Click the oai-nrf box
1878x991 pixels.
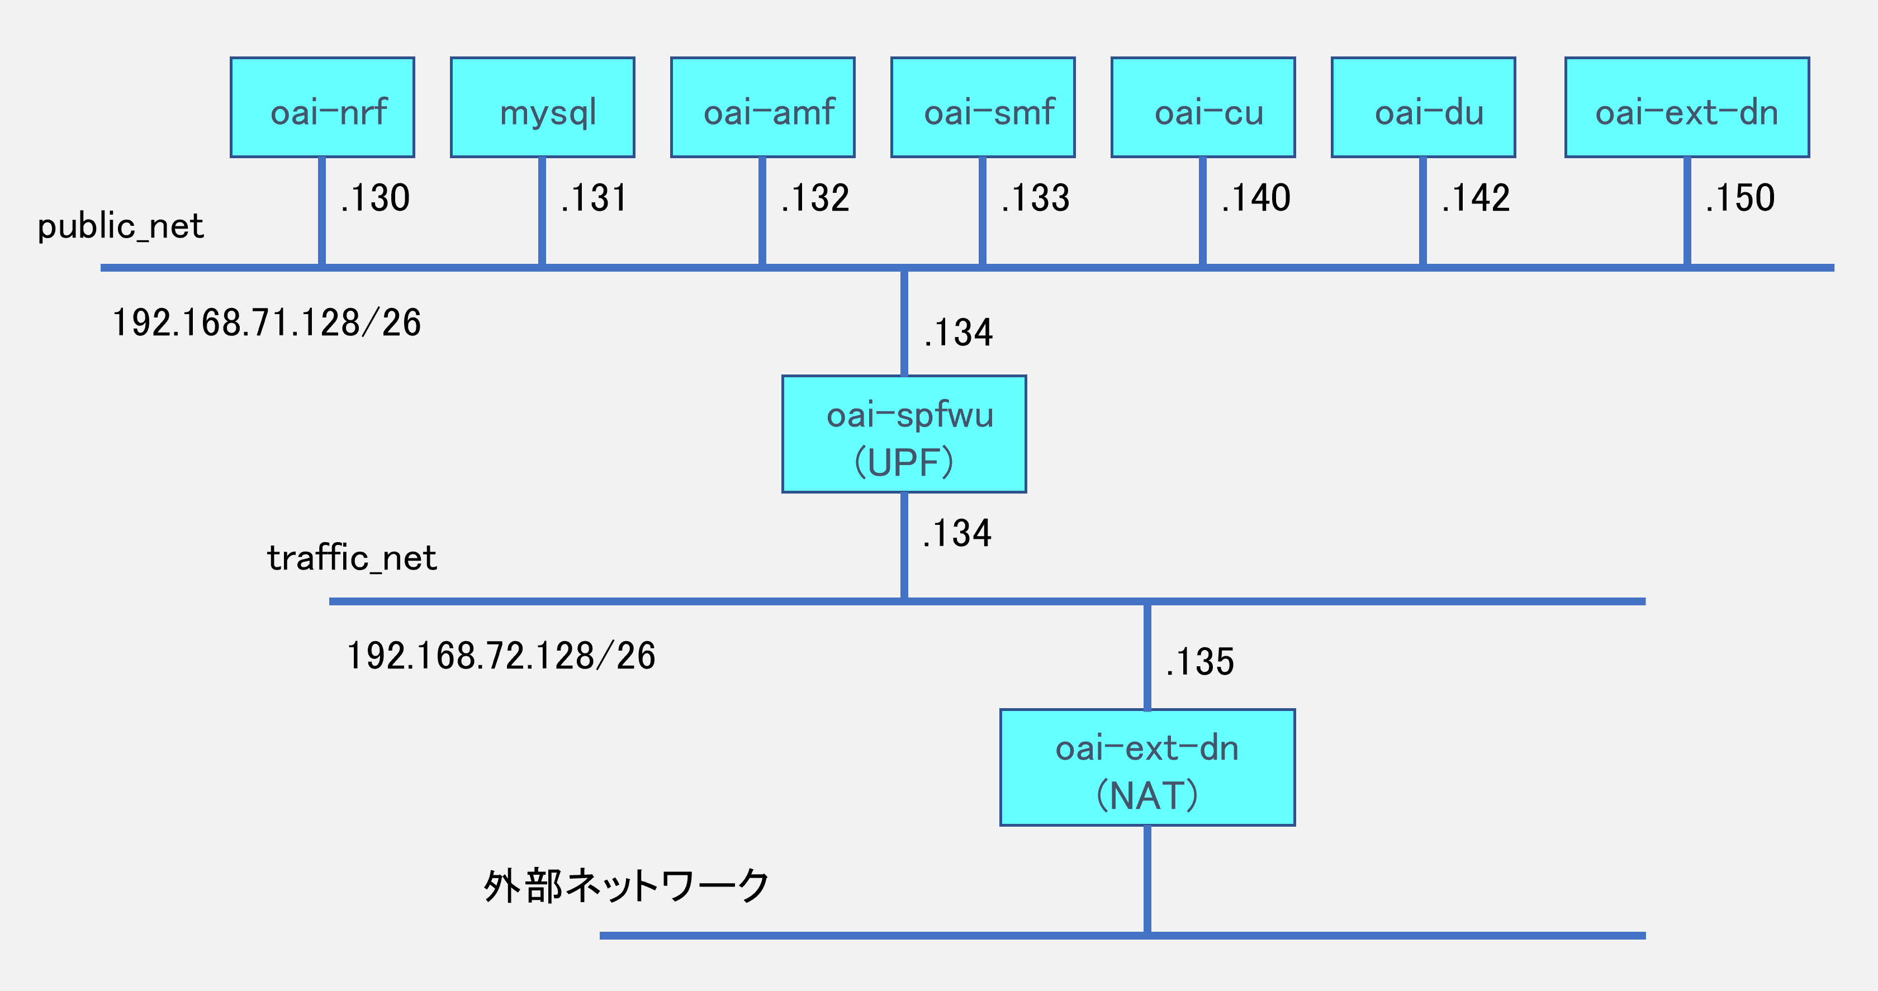(x=323, y=108)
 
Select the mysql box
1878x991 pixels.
(x=542, y=108)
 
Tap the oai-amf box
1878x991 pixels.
(x=762, y=108)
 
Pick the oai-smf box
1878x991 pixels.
(x=983, y=108)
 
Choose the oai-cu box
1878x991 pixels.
(x=1203, y=108)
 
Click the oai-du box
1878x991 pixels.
(x=1423, y=108)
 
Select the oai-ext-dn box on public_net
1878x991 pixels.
(x=1686, y=108)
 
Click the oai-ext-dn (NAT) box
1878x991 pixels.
(x=1147, y=767)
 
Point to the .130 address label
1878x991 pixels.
(x=376, y=198)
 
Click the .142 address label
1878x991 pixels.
(x=1476, y=198)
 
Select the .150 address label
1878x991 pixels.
(x=1739, y=198)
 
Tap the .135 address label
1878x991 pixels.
(x=1199, y=662)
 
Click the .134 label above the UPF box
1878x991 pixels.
(x=958, y=333)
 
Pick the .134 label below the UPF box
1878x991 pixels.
(x=956, y=534)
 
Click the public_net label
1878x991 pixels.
(x=120, y=226)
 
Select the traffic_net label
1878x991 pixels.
(x=352, y=558)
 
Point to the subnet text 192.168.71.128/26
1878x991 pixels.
(x=267, y=323)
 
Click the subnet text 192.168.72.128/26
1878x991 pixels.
(x=501, y=656)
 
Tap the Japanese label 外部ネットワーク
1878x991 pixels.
(x=625, y=886)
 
